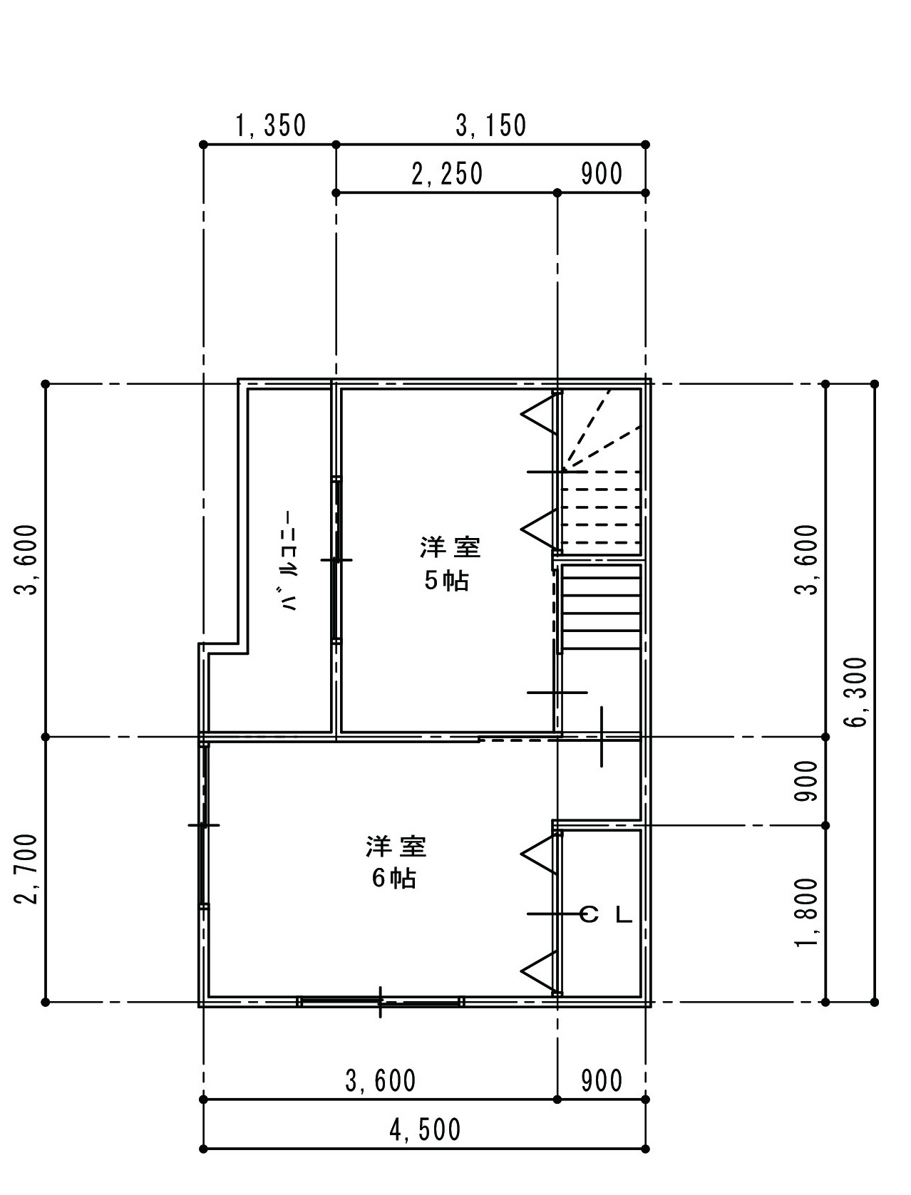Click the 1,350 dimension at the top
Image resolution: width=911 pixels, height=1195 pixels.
tap(271, 125)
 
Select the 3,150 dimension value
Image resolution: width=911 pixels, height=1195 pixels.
tap(490, 125)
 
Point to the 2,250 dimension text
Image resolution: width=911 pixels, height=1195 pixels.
tap(447, 174)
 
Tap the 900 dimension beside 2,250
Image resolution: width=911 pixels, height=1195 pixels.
tap(601, 174)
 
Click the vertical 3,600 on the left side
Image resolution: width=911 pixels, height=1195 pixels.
tap(29, 559)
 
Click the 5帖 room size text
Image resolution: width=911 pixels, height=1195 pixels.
tap(446, 581)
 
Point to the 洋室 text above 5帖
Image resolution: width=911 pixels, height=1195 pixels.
tap(451, 548)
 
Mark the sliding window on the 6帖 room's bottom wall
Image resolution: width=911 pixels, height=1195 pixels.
tap(380, 1000)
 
